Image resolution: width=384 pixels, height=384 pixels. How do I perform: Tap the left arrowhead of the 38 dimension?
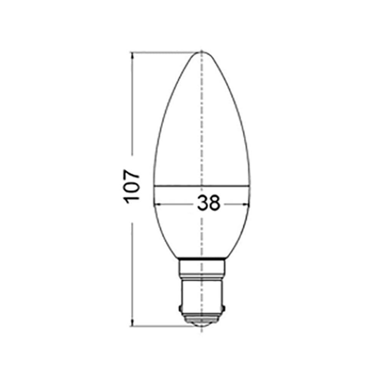pos(156,204)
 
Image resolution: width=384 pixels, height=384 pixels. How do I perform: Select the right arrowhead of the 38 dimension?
pos(247,204)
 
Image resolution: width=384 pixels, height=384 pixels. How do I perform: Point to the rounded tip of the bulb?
pos(202,52)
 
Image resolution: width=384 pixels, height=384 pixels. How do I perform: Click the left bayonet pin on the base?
pos(180,307)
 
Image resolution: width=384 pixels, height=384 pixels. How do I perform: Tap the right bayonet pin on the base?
pos(223,307)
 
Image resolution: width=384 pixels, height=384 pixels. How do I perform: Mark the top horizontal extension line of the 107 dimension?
pos(165,52)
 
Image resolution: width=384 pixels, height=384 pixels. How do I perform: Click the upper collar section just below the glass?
pos(202,269)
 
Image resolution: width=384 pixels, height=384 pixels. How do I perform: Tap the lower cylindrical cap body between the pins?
pos(202,296)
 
